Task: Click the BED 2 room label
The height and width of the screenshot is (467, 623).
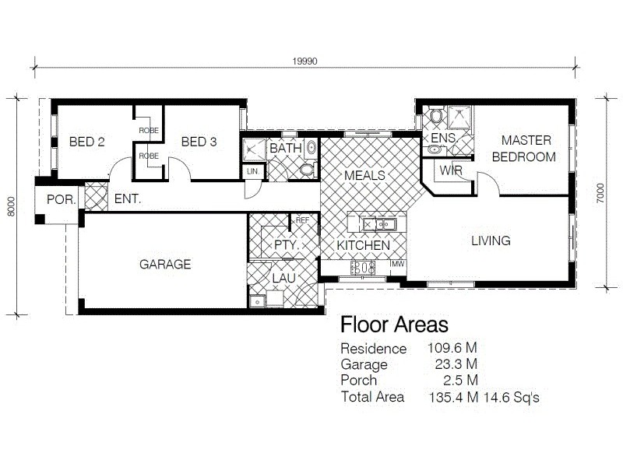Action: pos(86,142)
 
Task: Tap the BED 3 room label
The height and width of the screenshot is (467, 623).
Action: pos(199,142)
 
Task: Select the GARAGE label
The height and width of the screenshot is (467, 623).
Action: pos(165,265)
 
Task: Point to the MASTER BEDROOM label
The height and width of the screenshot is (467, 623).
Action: pos(526,149)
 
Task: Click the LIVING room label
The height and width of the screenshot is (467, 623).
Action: pos(491,241)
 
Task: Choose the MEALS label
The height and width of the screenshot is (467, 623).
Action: pos(364,175)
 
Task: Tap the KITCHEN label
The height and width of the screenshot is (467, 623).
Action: pos(364,245)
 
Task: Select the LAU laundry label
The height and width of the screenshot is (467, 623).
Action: pos(283,278)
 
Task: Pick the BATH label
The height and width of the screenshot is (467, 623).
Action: pos(285,148)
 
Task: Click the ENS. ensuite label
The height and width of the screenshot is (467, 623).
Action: pos(443,138)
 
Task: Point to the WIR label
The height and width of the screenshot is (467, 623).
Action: pos(450,170)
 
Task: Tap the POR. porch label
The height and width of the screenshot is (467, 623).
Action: pos(61,199)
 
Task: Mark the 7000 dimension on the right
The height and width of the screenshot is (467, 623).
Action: pos(600,193)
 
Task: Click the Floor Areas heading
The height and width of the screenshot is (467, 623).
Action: pos(395,325)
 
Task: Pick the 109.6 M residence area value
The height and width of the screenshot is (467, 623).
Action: pos(452,349)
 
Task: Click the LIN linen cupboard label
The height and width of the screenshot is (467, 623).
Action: pos(252,171)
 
